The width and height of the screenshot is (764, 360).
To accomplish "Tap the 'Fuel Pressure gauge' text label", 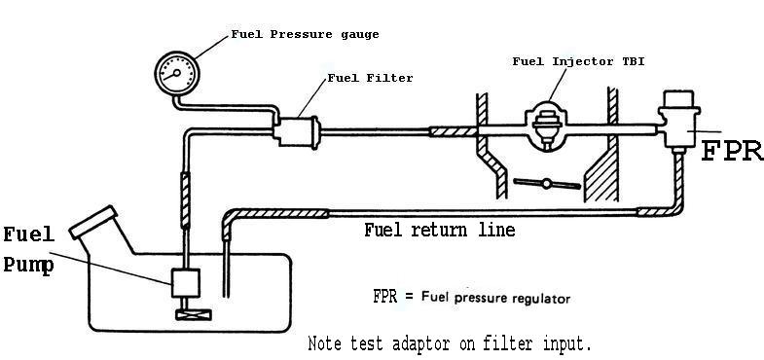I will pyautogui.click(x=305, y=34).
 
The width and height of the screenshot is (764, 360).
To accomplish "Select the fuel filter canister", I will pyautogui.click(x=299, y=129).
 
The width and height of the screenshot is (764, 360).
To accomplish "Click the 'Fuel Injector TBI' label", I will pyautogui.click(x=579, y=61).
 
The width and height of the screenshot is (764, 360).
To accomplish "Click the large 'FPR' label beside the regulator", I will pyautogui.click(x=732, y=151).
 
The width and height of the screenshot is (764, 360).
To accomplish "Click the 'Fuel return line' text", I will pyautogui.click(x=439, y=231).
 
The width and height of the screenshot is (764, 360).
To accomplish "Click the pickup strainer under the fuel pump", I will pyautogui.click(x=185, y=314).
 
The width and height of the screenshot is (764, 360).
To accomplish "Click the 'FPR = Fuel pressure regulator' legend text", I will pyautogui.click(x=471, y=296).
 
